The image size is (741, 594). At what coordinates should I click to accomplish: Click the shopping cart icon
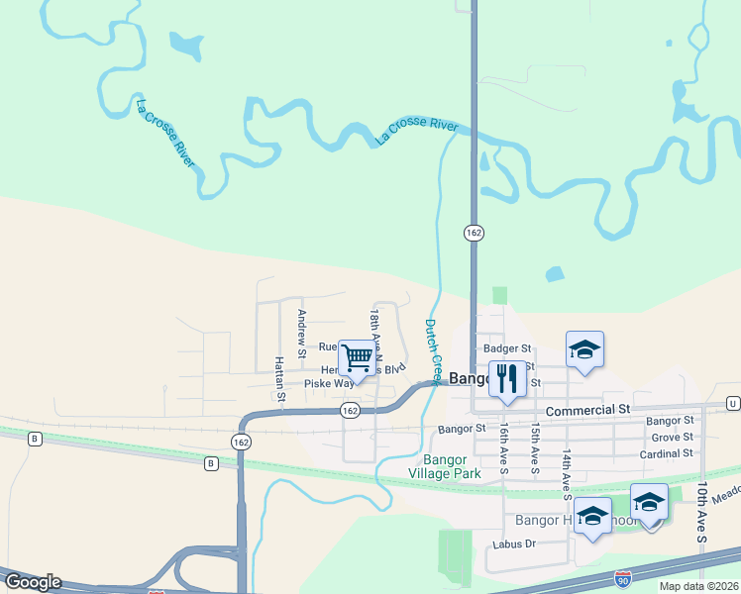point(357,356)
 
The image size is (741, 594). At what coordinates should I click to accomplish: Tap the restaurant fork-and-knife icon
point(507,378)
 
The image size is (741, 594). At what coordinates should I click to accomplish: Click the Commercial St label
point(587,409)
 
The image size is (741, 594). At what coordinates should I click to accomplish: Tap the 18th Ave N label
point(375,333)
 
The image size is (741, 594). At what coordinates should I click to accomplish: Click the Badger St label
point(507,348)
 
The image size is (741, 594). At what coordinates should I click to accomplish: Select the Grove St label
point(672,437)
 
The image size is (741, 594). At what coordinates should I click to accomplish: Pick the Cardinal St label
point(665,453)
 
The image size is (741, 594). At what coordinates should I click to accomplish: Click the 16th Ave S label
point(503,447)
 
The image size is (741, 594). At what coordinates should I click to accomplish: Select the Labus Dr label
point(515,544)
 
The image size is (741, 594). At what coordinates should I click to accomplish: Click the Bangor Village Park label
point(452,466)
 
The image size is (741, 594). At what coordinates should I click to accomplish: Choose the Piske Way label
point(329,383)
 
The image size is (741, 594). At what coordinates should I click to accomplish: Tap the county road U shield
point(732,403)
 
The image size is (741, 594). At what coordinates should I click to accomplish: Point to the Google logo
point(32,582)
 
